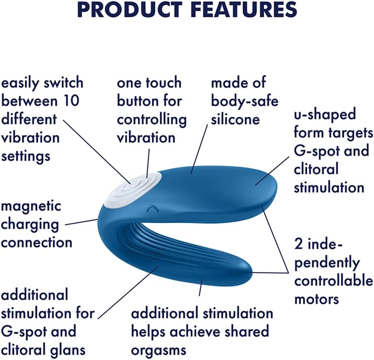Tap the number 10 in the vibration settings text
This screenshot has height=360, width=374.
[71, 101]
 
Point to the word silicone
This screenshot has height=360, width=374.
[235, 119]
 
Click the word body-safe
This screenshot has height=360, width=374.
[245, 101]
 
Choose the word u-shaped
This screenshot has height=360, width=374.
[325, 114]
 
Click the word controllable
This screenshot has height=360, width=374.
[333, 281]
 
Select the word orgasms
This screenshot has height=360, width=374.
[159, 350]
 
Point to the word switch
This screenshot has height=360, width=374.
[63, 83]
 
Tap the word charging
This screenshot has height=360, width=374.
[30, 225]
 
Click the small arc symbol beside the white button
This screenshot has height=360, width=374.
[151, 209]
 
